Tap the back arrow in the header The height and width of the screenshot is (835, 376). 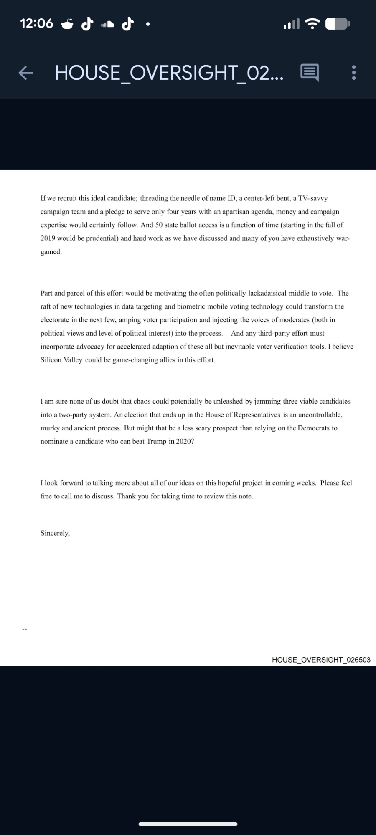(25, 73)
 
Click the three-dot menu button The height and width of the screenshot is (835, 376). (354, 73)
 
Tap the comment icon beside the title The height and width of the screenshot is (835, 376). (310, 73)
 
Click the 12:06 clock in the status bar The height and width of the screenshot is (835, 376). (37, 24)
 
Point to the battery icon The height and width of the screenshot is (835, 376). (338, 24)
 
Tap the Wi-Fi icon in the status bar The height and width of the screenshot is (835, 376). (312, 24)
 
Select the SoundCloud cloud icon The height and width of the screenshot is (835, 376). (107, 25)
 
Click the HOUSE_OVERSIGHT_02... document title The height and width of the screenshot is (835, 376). (169, 73)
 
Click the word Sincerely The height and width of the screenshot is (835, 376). (55, 533)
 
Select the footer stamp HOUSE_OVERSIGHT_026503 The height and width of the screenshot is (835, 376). (321, 660)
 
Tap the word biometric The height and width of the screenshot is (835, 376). (193, 306)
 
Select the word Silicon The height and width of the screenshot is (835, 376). (51, 360)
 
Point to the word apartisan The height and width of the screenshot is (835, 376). (229, 212)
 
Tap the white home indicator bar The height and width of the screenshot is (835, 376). (188, 824)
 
